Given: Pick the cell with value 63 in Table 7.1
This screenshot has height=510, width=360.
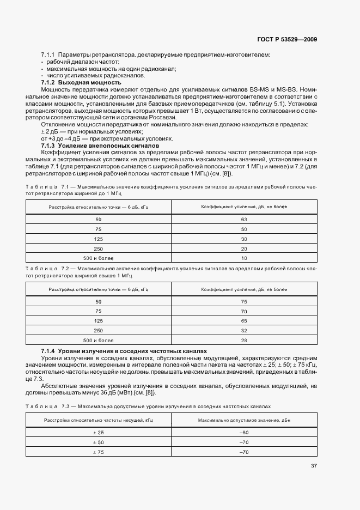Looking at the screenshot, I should pyautogui.click(x=243, y=220).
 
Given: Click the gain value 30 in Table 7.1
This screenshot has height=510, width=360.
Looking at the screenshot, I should pyautogui.click(x=243, y=239).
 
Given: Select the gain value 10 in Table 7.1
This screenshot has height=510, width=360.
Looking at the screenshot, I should pyautogui.click(x=243, y=258).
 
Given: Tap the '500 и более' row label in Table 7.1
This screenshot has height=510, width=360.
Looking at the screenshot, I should pyautogui.click(x=98, y=258).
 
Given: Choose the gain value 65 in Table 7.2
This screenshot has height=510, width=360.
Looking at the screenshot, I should pyautogui.click(x=243, y=320).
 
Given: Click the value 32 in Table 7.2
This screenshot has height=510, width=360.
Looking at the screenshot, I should pyautogui.click(x=243, y=330).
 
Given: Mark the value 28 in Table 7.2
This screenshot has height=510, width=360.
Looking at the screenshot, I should pyautogui.click(x=243, y=340).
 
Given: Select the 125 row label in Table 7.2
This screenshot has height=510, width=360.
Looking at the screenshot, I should pyautogui.click(x=98, y=320).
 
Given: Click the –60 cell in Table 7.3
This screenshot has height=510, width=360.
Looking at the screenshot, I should pyautogui.click(x=243, y=432).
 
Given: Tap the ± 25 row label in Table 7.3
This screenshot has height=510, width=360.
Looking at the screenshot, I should pyautogui.click(x=98, y=432).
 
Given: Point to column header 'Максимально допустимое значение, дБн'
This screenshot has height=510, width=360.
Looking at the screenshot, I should pyautogui.click(x=243, y=420).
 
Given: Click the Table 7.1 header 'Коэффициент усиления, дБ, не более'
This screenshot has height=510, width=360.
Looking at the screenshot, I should pyautogui.click(x=243, y=207).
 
